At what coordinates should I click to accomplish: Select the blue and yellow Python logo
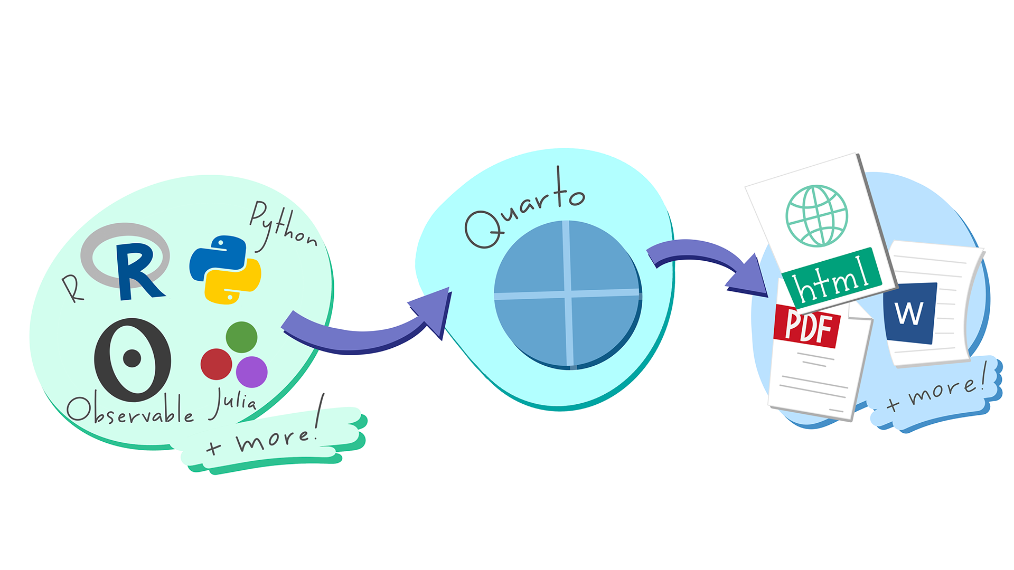pos(225,269)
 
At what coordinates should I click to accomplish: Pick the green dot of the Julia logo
pos(241,337)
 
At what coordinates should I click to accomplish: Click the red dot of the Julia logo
pos(216,364)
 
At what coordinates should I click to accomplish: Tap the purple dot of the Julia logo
pos(251,371)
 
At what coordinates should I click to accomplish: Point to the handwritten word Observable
pos(130,411)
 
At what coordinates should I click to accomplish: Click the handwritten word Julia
pos(234,403)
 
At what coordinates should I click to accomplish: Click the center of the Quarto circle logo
pos(568,294)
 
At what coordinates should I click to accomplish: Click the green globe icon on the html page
pos(816,215)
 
